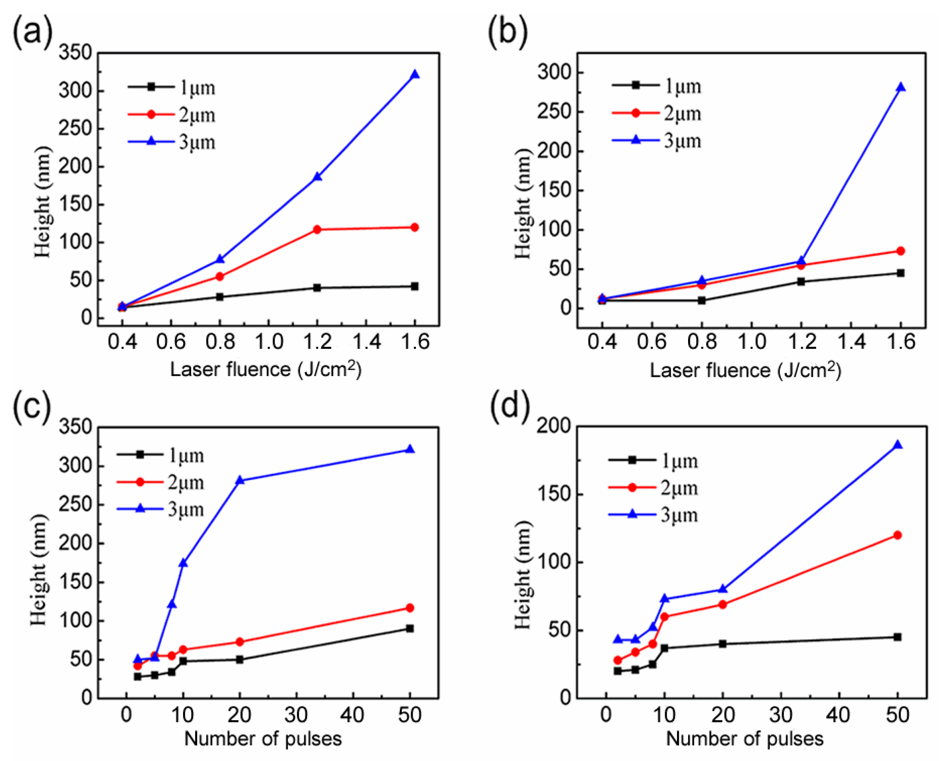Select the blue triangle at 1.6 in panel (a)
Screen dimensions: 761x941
(x=415, y=75)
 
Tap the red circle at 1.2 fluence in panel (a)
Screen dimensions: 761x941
(x=317, y=229)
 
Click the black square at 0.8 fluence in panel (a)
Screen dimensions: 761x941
(x=220, y=297)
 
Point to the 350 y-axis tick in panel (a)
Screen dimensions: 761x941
(x=75, y=53)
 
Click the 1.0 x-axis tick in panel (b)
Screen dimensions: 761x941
(x=752, y=342)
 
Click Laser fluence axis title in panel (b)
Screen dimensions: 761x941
(x=745, y=370)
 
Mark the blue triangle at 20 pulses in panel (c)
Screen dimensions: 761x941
(x=239, y=480)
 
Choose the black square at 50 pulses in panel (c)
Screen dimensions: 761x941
(x=409, y=629)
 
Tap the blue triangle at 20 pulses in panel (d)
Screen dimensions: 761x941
(x=723, y=589)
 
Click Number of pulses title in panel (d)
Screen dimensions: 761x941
(x=745, y=739)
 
